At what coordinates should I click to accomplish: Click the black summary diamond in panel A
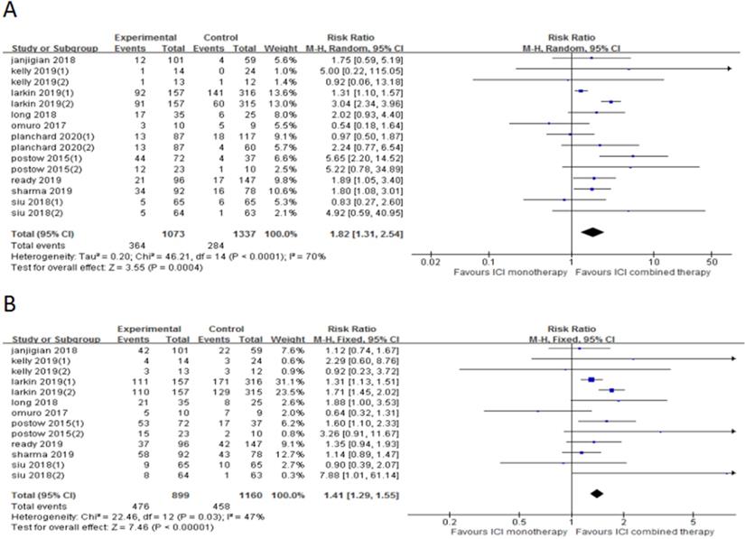592,232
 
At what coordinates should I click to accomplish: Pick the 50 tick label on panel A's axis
712,262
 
